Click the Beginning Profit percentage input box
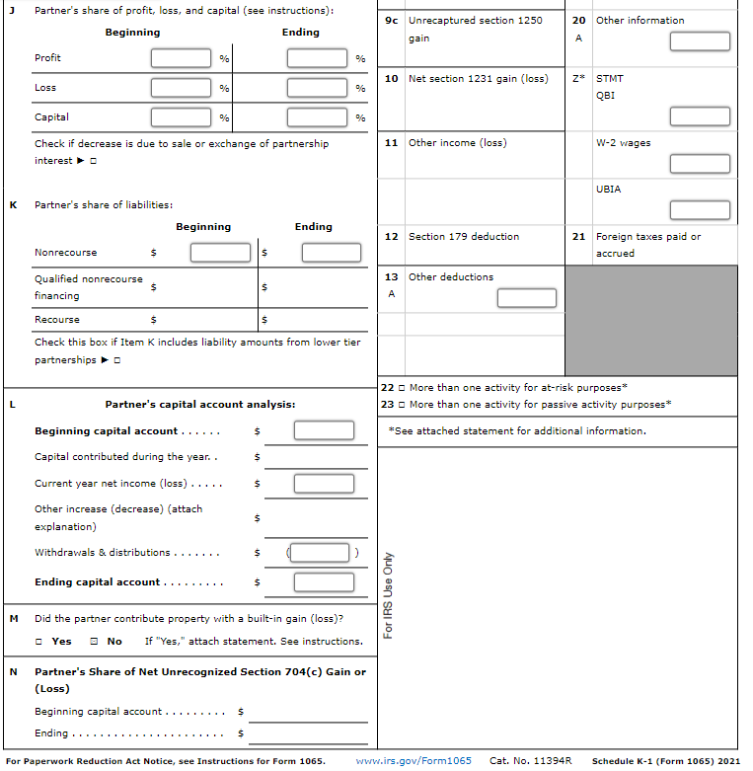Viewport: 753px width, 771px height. tap(181, 58)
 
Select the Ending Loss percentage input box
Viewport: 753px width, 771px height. tap(317, 88)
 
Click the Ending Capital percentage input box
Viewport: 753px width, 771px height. tap(317, 117)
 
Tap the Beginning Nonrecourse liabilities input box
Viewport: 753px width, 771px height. tap(220, 253)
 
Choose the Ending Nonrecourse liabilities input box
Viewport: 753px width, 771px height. tap(332, 253)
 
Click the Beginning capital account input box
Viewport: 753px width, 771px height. tap(323, 430)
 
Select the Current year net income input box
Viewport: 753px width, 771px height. tap(323, 484)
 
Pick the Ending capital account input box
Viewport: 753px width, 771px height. tap(323, 582)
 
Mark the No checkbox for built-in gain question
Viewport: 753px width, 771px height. tap(93, 642)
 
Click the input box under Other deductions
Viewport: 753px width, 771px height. tap(527, 297)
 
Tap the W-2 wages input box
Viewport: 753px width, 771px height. tap(700, 164)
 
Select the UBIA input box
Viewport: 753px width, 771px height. tap(700, 210)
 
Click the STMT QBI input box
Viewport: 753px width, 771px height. tap(700, 116)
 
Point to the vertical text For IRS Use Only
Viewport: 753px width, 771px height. tap(389, 594)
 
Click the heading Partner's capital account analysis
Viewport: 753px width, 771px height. tap(199, 404)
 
